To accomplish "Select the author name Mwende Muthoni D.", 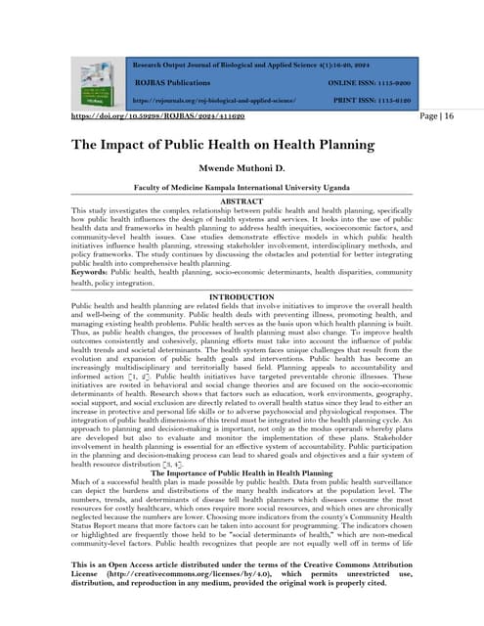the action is pyautogui.click(x=242, y=168).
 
